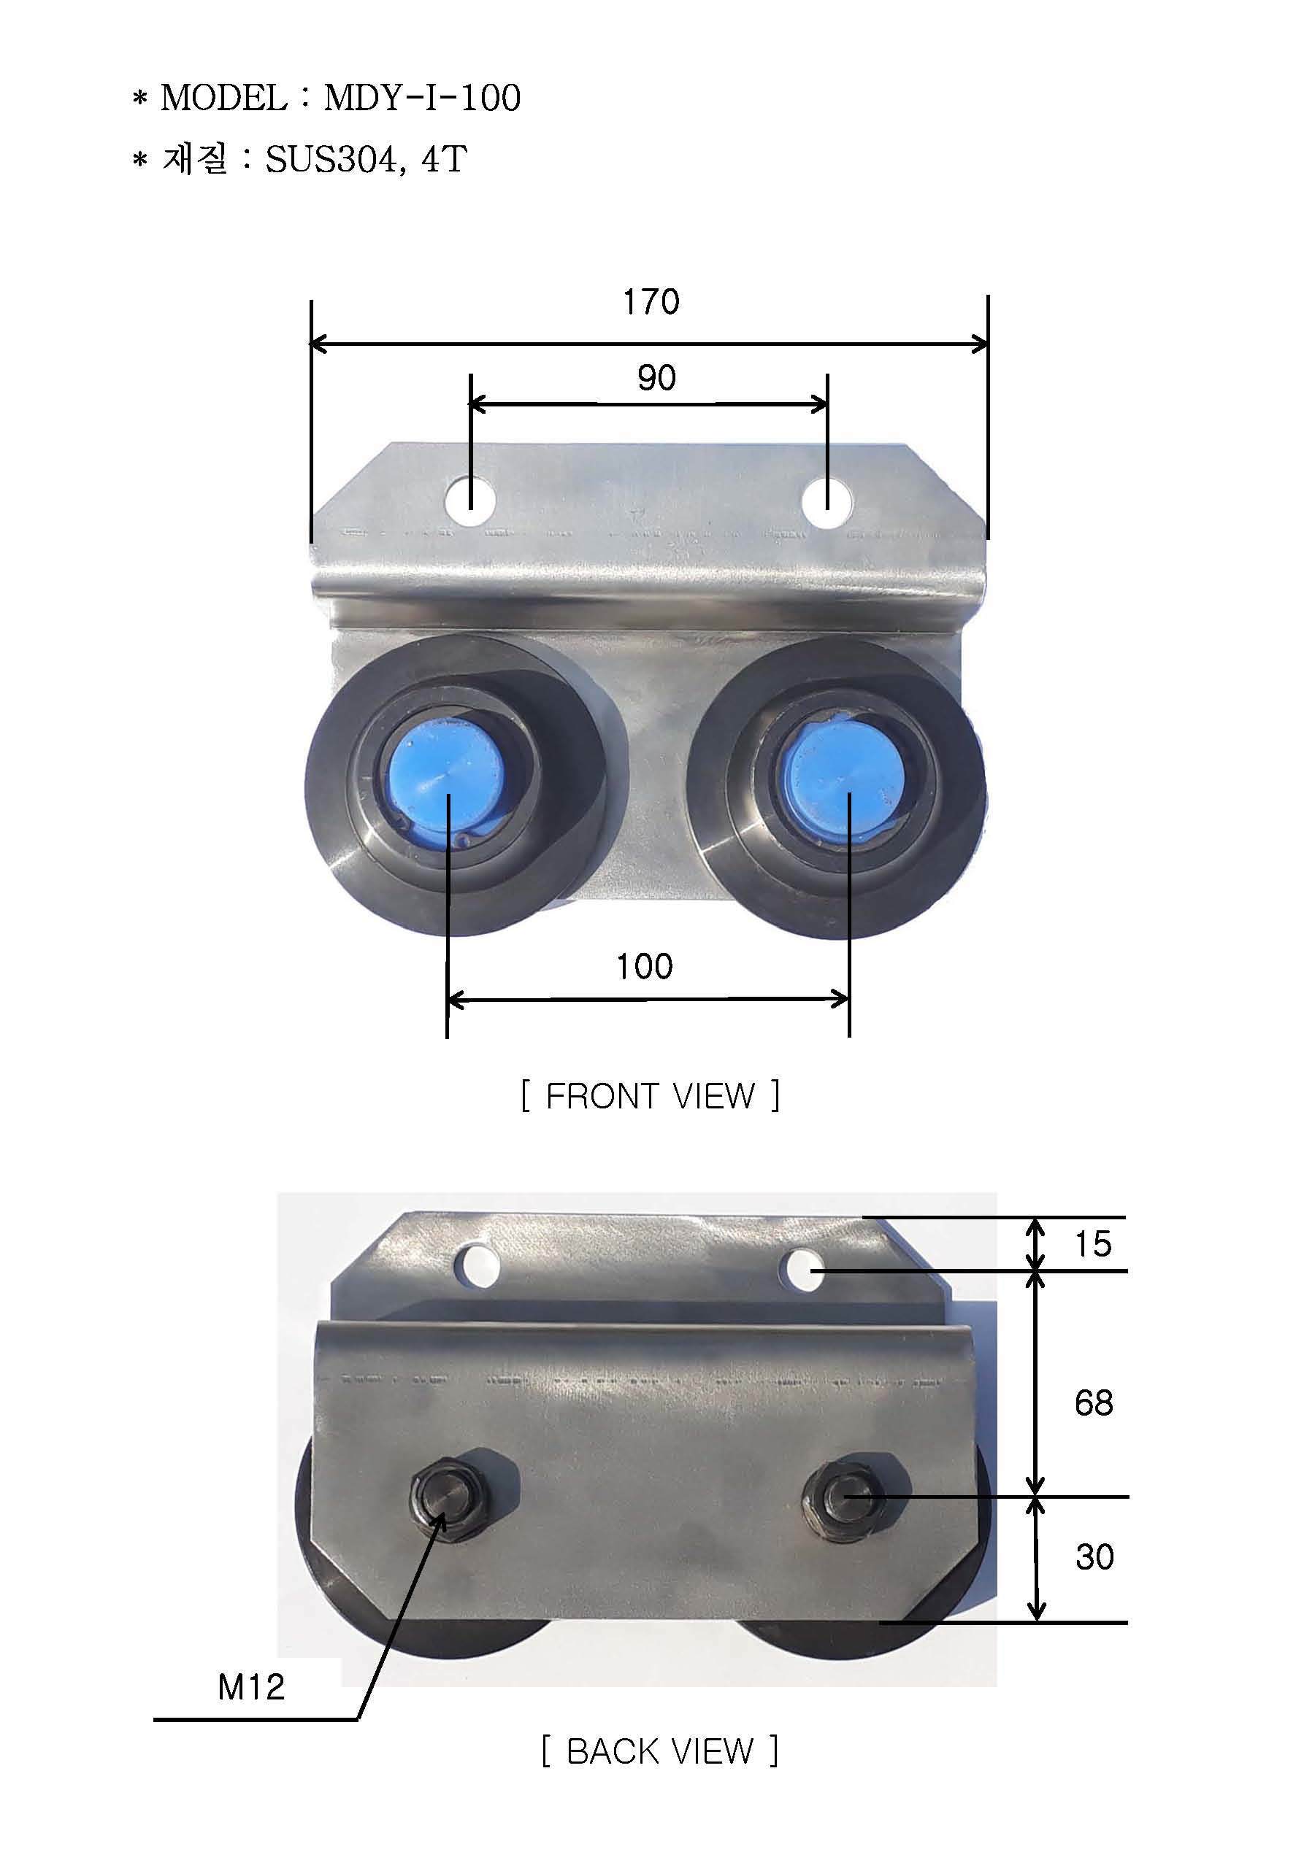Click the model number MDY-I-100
click(422, 98)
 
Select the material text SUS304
click(331, 159)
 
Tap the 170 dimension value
click(651, 302)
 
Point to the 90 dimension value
click(656, 378)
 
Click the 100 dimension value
click(644, 966)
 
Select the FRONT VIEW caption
click(650, 1096)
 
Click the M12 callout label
click(251, 1688)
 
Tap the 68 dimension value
click(1093, 1402)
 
